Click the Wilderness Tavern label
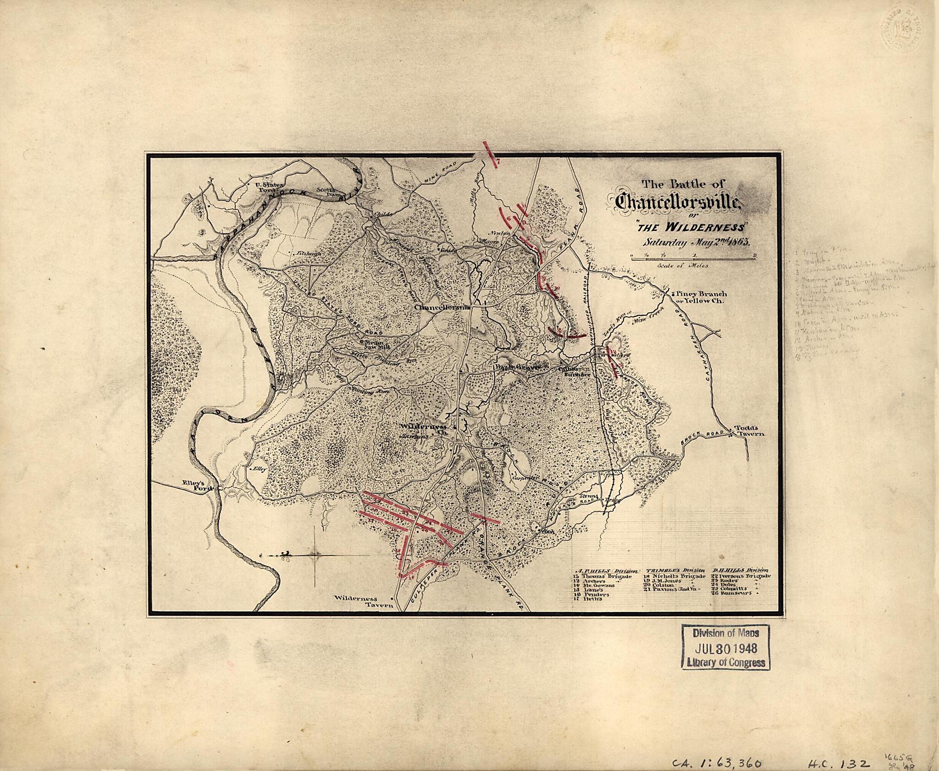point(362,601)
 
